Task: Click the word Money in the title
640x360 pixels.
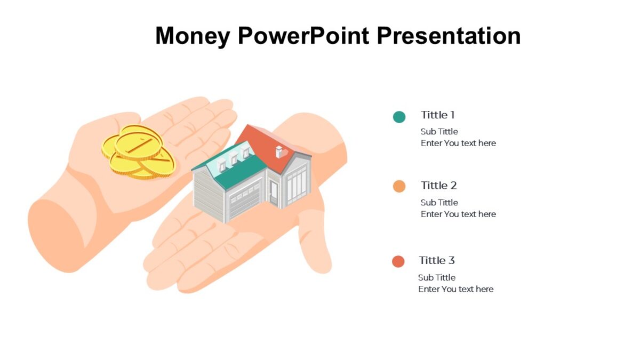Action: click(x=193, y=36)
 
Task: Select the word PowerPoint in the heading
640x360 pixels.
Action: click(x=303, y=36)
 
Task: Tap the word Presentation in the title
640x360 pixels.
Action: click(x=449, y=36)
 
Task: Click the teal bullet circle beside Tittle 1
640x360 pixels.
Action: click(x=399, y=117)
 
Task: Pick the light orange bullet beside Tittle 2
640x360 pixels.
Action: click(x=399, y=186)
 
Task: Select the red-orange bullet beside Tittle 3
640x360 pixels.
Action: click(x=398, y=261)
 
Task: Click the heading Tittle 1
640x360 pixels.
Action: click(x=437, y=115)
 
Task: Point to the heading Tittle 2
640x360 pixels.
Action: click(x=438, y=186)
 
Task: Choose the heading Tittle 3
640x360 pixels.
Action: click(x=437, y=260)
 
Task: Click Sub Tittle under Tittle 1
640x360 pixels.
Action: click(x=439, y=132)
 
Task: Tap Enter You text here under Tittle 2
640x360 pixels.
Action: click(x=458, y=214)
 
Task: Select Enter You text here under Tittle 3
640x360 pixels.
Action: click(x=455, y=289)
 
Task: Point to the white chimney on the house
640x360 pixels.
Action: click(x=279, y=151)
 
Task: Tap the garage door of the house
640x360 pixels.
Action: click(x=245, y=200)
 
